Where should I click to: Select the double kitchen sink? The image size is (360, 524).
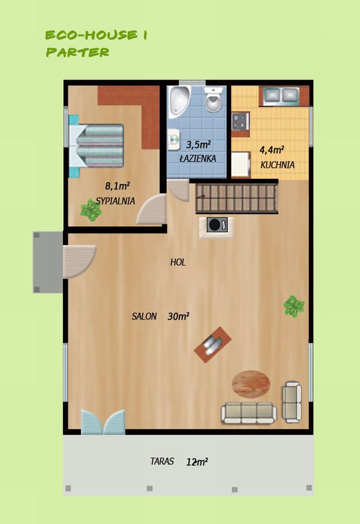click(281, 95)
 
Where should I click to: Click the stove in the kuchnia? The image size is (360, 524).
click(240, 121)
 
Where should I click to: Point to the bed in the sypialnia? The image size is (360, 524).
click(96, 146)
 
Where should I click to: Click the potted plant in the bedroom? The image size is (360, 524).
click(91, 210)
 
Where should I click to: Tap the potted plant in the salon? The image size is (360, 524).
click(294, 306)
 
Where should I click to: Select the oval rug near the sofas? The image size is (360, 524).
click(251, 384)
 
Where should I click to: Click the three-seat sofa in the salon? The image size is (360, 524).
click(249, 413)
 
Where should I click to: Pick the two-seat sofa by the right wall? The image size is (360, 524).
click(292, 402)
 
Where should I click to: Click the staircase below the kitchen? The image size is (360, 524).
click(237, 198)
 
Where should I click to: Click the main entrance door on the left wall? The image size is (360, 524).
click(79, 262)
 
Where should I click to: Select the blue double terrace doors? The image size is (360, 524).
click(103, 422)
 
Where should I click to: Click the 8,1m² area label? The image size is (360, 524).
click(117, 186)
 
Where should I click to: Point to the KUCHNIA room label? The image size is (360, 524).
click(278, 165)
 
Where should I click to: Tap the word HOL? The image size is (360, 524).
click(178, 262)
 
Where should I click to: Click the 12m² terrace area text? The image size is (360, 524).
click(197, 462)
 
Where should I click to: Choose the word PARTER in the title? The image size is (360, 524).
click(78, 52)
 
